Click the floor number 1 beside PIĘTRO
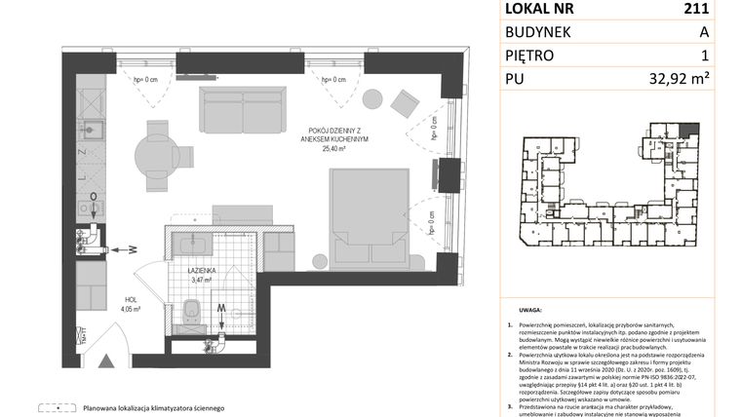point(704,56)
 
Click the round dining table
point(155,153)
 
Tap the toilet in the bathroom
point(190,312)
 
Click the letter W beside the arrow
point(132,249)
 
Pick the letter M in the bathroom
point(222,309)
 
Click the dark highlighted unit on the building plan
point(690,129)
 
